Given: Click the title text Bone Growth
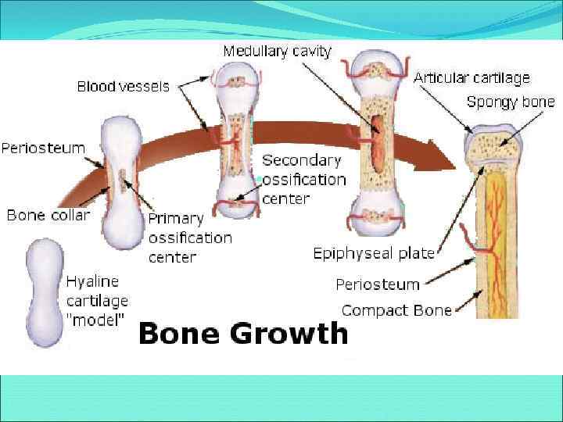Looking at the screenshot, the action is [242, 333].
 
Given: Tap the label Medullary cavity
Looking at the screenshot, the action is [277, 52].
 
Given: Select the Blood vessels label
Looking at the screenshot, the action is [123, 87].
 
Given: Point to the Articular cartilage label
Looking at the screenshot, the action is [472, 77].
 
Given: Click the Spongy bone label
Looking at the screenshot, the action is [510, 102].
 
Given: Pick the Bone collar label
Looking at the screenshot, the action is [48, 214].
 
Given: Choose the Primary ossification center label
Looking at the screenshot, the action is [190, 237].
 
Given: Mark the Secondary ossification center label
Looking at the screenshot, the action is [303, 179].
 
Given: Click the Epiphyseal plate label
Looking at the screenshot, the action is [374, 253].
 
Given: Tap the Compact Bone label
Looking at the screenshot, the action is [396, 310].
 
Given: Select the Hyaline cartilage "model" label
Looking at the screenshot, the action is [97, 300].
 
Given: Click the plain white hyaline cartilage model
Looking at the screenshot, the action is [45, 292].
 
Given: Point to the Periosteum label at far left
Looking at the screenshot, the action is [43, 148].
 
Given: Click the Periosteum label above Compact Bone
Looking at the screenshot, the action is [378, 284].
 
